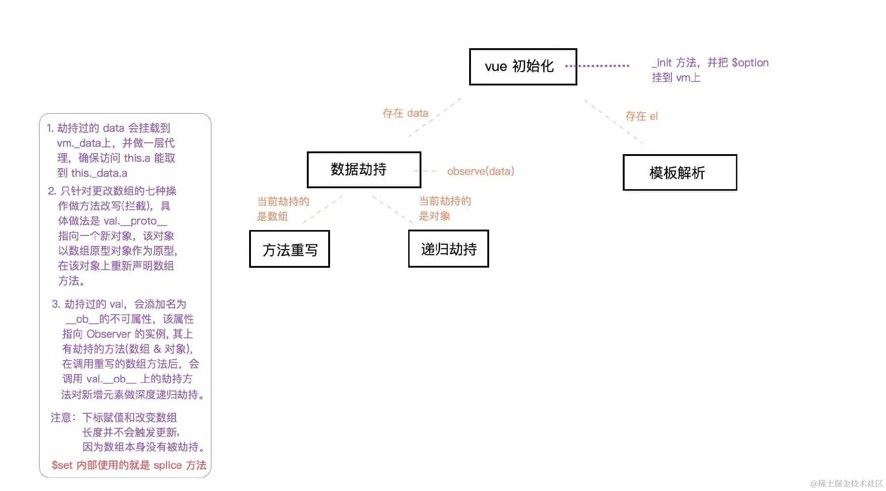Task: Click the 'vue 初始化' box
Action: (x=523, y=67)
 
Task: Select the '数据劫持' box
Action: (x=364, y=170)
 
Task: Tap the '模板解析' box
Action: (x=680, y=173)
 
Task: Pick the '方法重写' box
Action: (x=290, y=249)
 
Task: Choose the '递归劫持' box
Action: (x=448, y=249)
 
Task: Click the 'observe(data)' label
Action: (x=481, y=171)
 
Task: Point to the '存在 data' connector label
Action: (x=405, y=113)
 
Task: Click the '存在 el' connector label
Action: (x=641, y=116)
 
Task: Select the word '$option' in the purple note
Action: (x=750, y=63)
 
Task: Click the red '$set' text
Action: (x=62, y=465)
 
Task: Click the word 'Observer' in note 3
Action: (x=109, y=334)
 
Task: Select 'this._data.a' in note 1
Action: (x=99, y=173)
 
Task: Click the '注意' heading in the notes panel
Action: (x=61, y=417)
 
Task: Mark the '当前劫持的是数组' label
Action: (x=283, y=209)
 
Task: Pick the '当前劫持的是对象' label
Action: (x=445, y=208)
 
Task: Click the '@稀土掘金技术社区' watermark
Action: (x=846, y=483)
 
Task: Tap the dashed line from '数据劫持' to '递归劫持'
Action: (x=392, y=209)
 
